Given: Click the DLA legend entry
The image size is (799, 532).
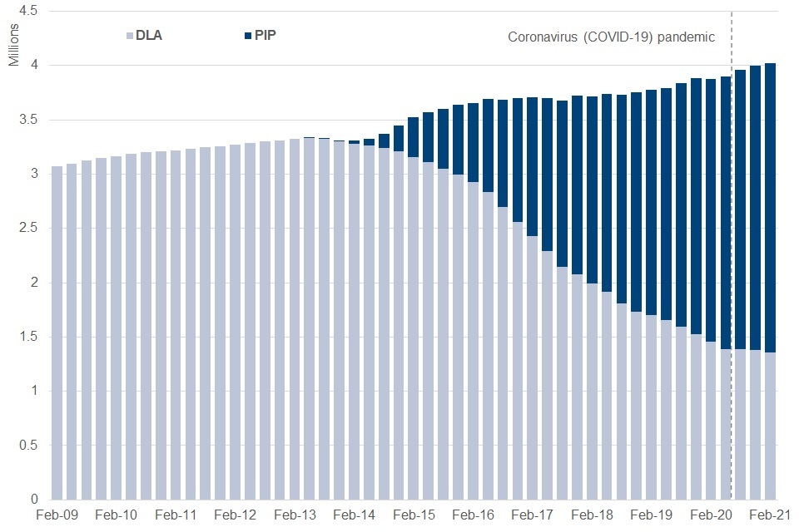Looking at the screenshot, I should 147,37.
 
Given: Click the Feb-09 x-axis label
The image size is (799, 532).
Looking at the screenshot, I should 57,516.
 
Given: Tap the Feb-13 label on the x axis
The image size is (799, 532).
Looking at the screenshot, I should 295,516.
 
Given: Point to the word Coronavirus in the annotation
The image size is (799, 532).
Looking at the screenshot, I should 542,37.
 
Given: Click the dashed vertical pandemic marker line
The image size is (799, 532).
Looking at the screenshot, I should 732,208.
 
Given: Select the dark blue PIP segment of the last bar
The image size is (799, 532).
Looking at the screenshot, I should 770,208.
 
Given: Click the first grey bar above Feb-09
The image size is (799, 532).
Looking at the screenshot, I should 57,332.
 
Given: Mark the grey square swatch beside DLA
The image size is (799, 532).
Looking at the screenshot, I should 128,37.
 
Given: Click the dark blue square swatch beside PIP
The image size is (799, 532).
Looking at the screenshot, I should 247,37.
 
